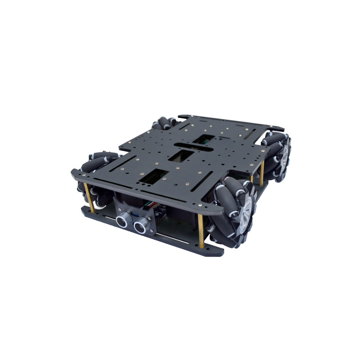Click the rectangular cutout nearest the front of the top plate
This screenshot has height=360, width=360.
(151, 177)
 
